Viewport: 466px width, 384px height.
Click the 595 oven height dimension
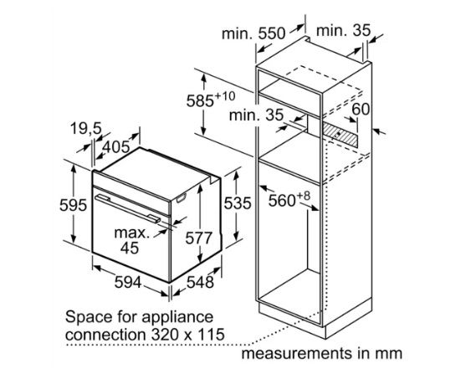(x=73, y=205)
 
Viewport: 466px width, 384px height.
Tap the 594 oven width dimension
(x=128, y=282)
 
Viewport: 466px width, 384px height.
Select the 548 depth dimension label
(x=200, y=282)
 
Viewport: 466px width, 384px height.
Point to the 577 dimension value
(x=199, y=238)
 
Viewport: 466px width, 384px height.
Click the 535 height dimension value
(x=238, y=203)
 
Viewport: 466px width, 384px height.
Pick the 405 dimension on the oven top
(x=117, y=147)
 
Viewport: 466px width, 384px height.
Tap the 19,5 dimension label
(x=86, y=129)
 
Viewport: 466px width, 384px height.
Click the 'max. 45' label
(x=131, y=240)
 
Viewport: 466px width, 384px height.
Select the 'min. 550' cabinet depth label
(x=253, y=33)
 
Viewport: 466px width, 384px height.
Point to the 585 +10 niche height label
(x=211, y=100)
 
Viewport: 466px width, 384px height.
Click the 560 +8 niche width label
(x=289, y=199)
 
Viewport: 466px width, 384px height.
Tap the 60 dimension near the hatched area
(x=361, y=109)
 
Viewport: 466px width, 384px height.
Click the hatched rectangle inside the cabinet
(x=340, y=135)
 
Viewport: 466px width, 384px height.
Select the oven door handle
(x=128, y=208)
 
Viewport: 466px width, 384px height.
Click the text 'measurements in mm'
(x=321, y=354)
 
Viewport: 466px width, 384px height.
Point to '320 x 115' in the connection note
(x=188, y=335)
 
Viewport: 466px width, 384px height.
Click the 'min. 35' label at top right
(x=344, y=31)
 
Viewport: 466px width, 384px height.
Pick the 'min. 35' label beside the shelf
(x=257, y=115)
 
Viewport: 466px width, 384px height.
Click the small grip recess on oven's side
(x=181, y=197)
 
